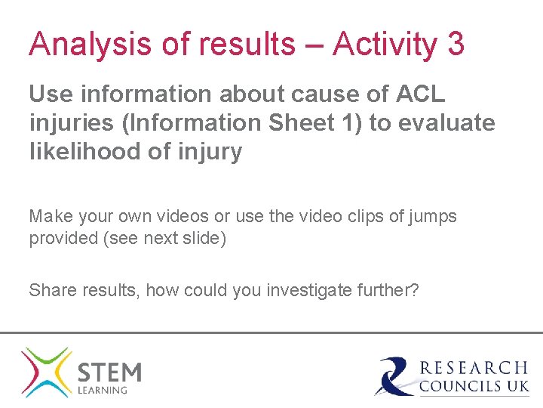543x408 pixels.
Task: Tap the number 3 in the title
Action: point(456,45)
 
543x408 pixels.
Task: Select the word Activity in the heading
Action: point(385,45)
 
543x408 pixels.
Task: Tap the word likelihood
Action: point(84,152)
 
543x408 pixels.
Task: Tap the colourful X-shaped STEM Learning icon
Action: point(46,372)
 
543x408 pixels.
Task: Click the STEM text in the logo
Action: point(109,372)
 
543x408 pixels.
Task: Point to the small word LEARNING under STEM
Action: point(103,390)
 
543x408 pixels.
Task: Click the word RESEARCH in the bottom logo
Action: point(474,368)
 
